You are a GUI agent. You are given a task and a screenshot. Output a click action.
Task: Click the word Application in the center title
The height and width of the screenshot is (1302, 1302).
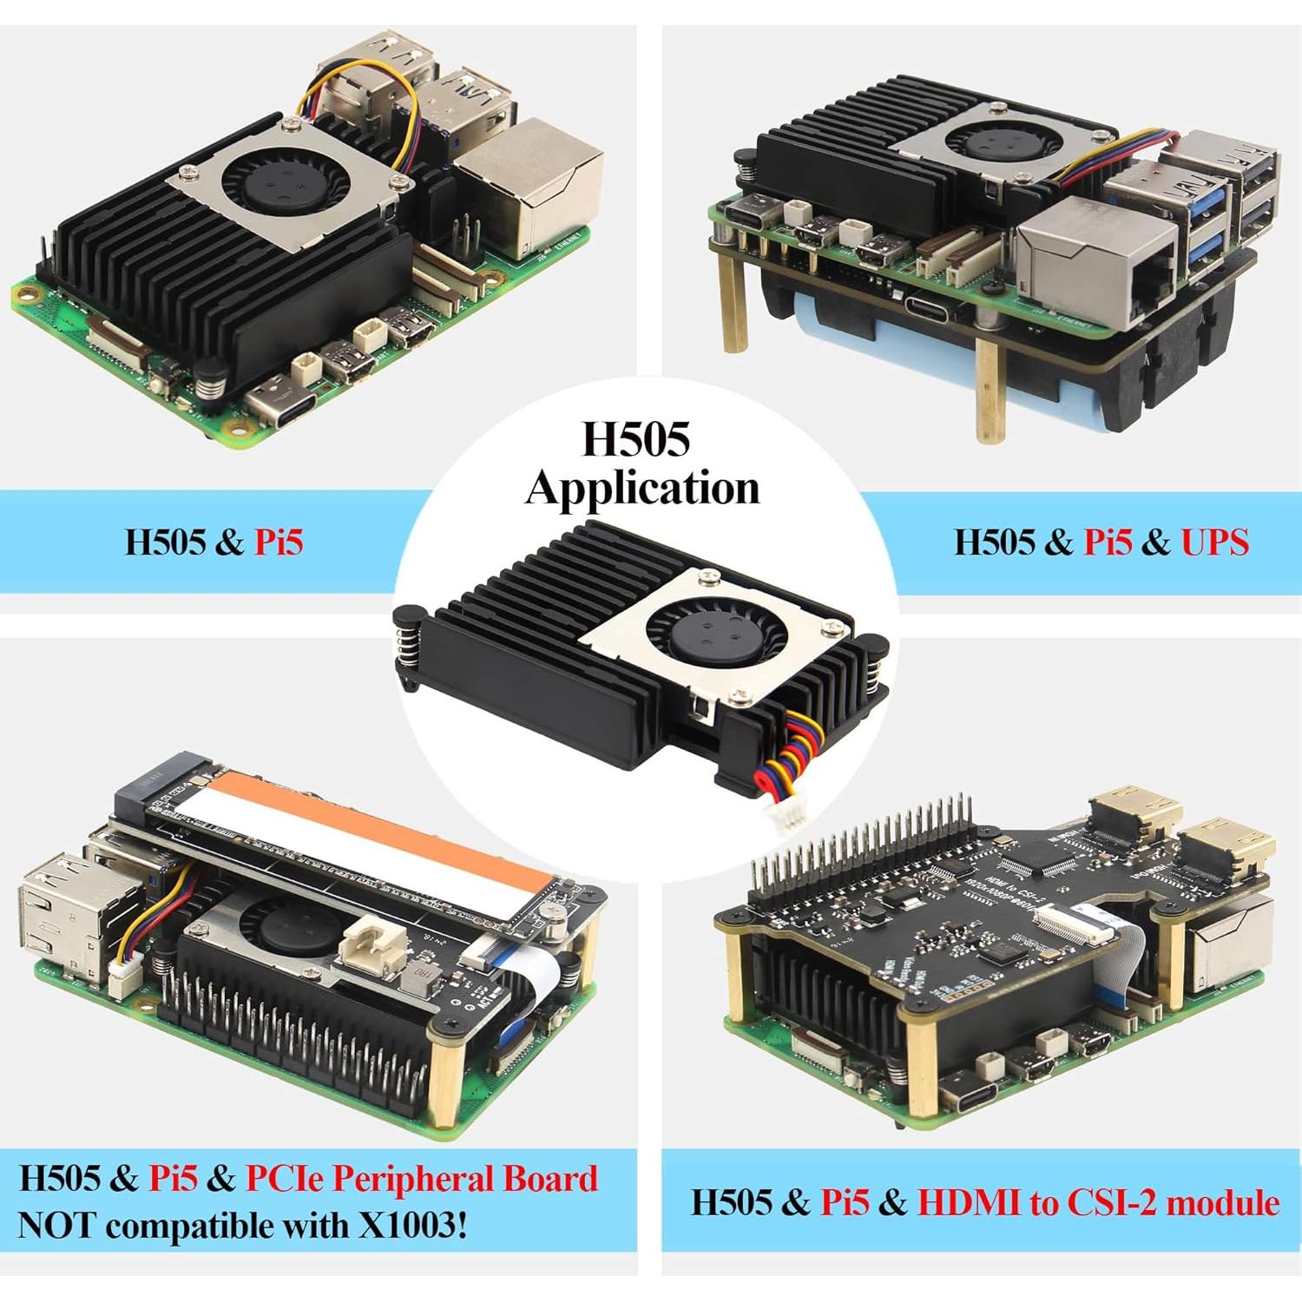coord(642,488)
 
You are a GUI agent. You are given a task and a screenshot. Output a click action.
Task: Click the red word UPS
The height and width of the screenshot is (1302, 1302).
coord(1214,542)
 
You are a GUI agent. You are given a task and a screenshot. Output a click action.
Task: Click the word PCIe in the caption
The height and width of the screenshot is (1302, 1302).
coord(284,1179)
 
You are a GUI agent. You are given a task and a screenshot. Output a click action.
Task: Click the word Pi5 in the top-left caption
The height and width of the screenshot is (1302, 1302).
coord(278,542)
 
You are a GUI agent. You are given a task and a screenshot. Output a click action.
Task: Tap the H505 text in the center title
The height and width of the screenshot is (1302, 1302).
coord(635,439)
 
